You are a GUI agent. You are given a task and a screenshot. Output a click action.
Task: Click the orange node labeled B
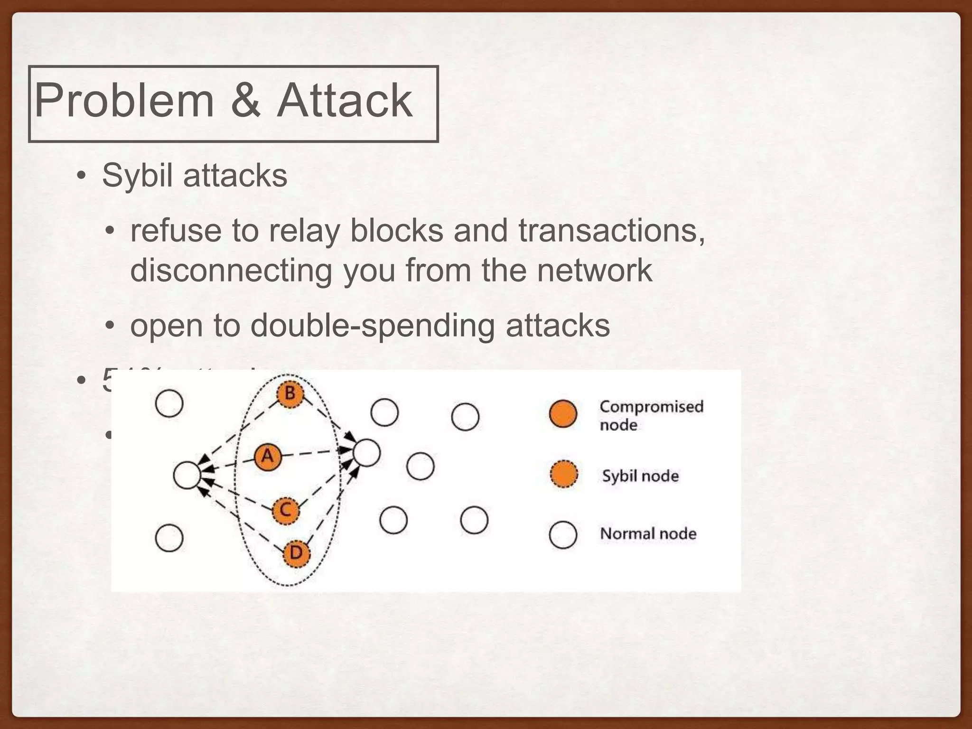tap(290, 393)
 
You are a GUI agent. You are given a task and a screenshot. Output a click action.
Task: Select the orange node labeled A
tap(268, 457)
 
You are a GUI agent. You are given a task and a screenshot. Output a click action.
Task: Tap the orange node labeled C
tap(286, 511)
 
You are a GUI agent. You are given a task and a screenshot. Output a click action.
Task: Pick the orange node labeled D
tap(296, 553)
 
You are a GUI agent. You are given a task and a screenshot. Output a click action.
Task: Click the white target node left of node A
tap(187, 475)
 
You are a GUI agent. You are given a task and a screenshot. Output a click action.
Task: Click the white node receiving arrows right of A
tap(366, 453)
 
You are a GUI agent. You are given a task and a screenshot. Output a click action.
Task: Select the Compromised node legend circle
tap(563, 414)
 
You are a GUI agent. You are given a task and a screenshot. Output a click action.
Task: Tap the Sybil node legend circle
tap(564, 475)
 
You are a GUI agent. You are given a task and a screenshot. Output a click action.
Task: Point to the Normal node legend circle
tap(563, 535)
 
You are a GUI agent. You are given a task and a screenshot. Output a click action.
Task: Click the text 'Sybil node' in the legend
tap(640, 476)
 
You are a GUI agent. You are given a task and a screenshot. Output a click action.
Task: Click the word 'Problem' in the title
tap(124, 101)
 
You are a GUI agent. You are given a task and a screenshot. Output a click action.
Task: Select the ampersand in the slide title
tap(245, 101)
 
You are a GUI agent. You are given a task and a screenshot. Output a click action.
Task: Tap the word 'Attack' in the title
tap(344, 101)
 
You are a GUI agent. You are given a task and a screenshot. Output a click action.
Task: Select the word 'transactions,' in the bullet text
tap(611, 231)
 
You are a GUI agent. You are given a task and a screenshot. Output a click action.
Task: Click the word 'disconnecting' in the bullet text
tap(231, 270)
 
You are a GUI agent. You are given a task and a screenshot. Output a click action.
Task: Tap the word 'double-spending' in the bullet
tap(373, 326)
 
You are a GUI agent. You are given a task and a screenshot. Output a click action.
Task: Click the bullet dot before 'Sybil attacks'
tap(81, 177)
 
